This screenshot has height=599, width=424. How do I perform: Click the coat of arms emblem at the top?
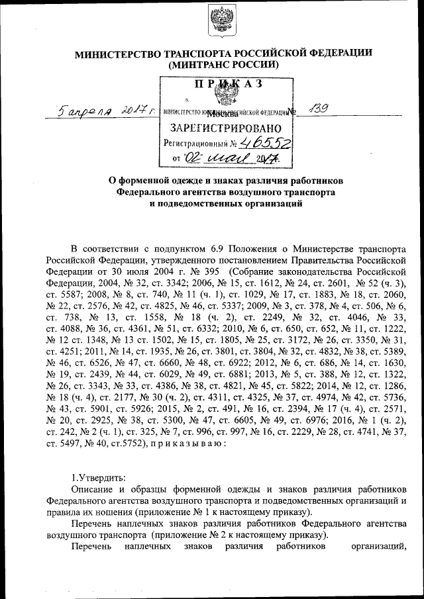[217, 21]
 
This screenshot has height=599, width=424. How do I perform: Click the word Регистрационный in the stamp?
[195, 143]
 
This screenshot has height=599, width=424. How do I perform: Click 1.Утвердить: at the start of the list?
[97, 477]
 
